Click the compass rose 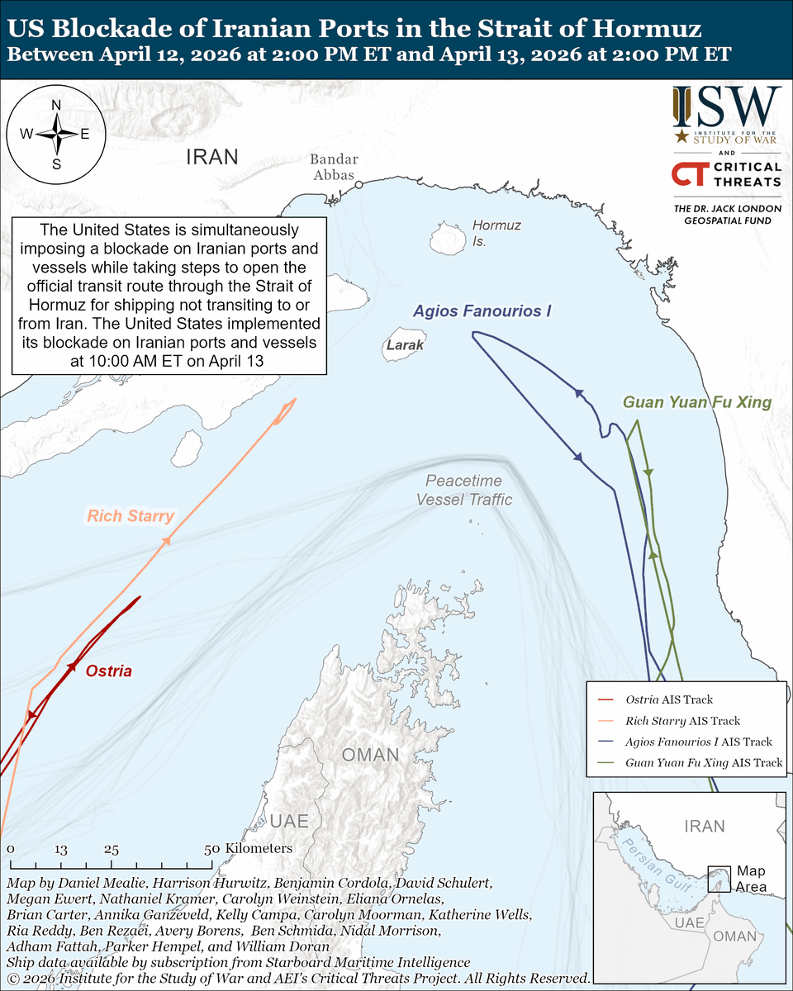click(x=56, y=134)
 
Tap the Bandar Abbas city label click(x=334, y=168)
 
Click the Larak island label click(x=406, y=345)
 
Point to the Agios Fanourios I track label click(x=482, y=311)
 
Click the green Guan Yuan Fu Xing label click(x=696, y=402)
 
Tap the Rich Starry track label click(x=131, y=517)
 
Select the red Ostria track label click(x=108, y=671)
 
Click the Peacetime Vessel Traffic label click(x=463, y=491)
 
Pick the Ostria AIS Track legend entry click(x=669, y=699)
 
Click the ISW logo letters click(x=726, y=105)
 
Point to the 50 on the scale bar click(x=211, y=848)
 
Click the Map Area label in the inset click(x=751, y=880)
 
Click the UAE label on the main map click(x=289, y=821)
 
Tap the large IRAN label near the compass click(x=212, y=157)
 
